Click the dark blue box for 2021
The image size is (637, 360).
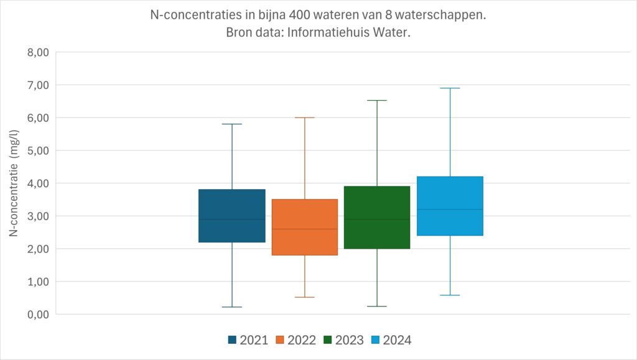coord(232,215)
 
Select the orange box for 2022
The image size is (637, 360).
coord(304,227)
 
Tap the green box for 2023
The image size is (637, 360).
coord(377,217)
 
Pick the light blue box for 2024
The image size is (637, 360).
coord(450,206)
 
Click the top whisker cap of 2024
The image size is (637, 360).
coord(450,88)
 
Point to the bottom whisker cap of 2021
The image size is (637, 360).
coord(232,307)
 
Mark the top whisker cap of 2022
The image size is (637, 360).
coord(304,118)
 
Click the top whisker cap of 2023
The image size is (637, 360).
coord(377,100)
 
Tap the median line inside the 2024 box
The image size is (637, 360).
coord(450,210)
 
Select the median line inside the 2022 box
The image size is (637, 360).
coord(304,229)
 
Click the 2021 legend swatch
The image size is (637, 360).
coord(233,340)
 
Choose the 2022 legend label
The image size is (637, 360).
coord(302,340)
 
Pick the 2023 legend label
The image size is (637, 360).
coord(350,340)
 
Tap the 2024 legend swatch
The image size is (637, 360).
coord(375,340)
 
